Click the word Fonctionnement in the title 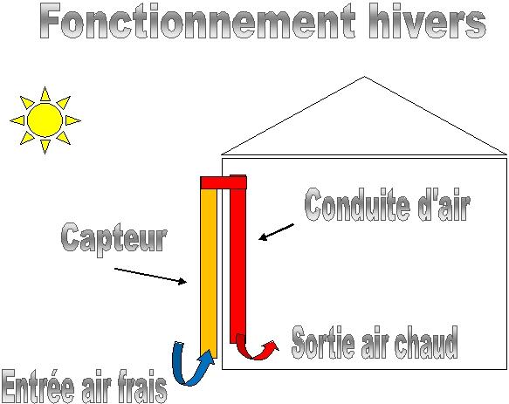tap(197, 22)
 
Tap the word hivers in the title tap(428, 22)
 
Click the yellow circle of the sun tap(45, 120)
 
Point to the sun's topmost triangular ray tap(45, 93)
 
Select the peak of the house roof tap(364, 77)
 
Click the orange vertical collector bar tap(209, 272)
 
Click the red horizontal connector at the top tap(224, 182)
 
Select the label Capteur tap(114, 239)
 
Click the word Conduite tap(357, 205)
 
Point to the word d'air tap(444, 206)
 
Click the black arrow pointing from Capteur tap(150, 276)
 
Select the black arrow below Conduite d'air tap(276, 232)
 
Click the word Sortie tap(323, 342)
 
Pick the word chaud tap(426, 342)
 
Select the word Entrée tap(38, 387)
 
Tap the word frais tap(141, 387)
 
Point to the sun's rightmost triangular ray tap(72, 120)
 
